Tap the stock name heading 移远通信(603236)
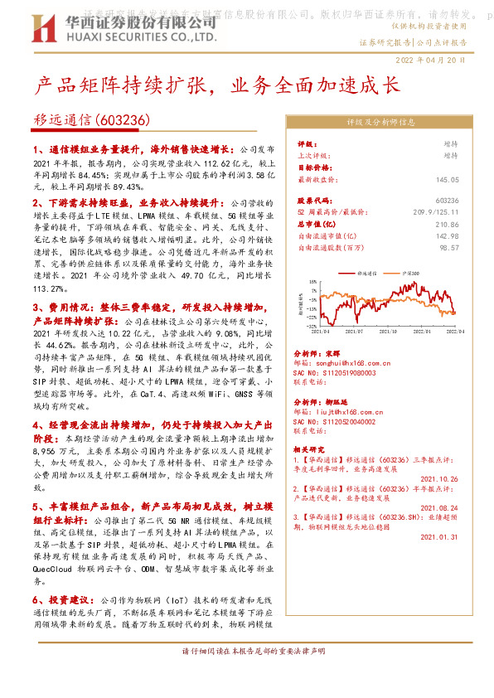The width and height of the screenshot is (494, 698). click(x=92, y=121)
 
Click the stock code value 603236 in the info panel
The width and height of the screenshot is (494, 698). click(x=446, y=201)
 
